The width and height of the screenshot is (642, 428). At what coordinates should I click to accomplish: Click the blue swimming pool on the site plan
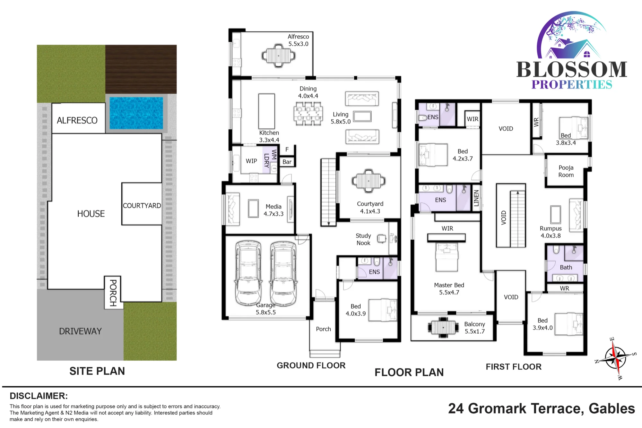(x=136, y=113)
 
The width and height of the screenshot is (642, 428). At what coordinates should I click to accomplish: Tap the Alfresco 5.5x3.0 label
(x=298, y=40)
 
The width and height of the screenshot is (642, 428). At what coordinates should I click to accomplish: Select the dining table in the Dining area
(x=308, y=114)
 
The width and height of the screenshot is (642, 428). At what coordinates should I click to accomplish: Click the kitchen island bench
(x=267, y=111)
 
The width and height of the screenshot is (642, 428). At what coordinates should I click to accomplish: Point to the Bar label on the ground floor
(x=287, y=162)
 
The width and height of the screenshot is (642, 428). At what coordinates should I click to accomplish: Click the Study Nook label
(x=363, y=239)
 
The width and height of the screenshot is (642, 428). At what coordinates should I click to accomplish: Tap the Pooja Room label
(x=566, y=171)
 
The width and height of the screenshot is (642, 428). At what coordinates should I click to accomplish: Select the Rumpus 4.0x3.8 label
(x=551, y=232)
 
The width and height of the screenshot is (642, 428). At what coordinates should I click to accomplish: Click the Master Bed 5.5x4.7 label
(x=449, y=289)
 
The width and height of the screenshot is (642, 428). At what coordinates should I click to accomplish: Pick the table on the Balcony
(x=443, y=327)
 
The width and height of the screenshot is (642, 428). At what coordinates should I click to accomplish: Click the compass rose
(x=615, y=358)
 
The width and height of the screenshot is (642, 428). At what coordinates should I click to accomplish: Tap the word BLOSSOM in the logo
(x=572, y=70)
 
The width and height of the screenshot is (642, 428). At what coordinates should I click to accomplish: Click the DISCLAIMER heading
(x=39, y=396)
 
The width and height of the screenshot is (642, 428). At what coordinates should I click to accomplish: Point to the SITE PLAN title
(x=97, y=371)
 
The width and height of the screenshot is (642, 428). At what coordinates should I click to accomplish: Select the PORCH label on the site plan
(x=113, y=293)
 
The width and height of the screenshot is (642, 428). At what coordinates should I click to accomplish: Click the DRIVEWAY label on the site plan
(x=80, y=331)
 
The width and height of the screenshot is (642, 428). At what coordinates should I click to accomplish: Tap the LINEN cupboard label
(x=476, y=198)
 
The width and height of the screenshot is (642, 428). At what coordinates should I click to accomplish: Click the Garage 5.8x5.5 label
(x=266, y=309)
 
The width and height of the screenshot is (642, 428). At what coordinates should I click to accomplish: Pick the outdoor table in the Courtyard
(x=369, y=181)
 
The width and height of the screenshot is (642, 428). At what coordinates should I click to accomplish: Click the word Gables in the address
(x=612, y=409)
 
